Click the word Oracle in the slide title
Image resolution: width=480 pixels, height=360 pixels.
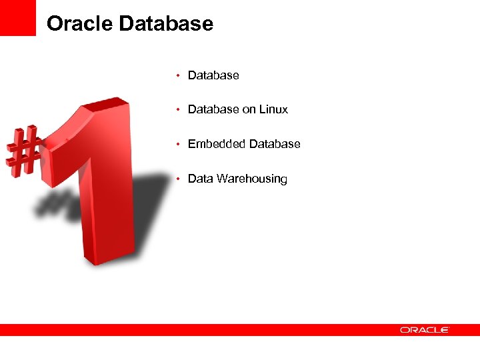point(80,24)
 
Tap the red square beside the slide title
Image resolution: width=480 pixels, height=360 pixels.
point(18,18)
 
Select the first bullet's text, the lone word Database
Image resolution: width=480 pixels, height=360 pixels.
point(213,75)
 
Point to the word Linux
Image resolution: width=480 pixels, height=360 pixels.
point(274,109)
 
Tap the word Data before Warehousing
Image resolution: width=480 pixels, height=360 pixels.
point(200,179)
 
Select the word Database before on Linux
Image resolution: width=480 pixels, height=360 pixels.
point(213,109)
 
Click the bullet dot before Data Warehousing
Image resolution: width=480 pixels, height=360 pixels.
point(178,179)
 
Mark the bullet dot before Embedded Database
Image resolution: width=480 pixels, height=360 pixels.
point(178,144)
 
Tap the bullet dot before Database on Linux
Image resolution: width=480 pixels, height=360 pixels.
point(178,109)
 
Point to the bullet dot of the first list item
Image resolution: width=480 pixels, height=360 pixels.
point(178,75)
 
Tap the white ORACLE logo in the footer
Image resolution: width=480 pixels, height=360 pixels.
point(425,329)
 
